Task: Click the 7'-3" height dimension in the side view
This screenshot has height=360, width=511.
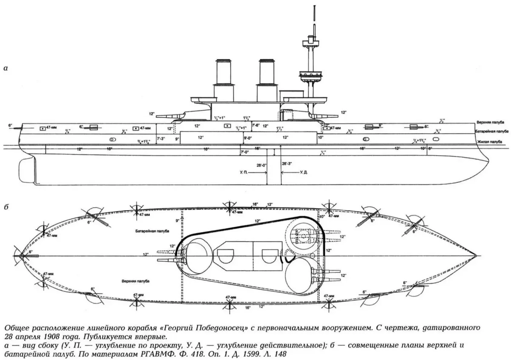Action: point(161,139)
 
